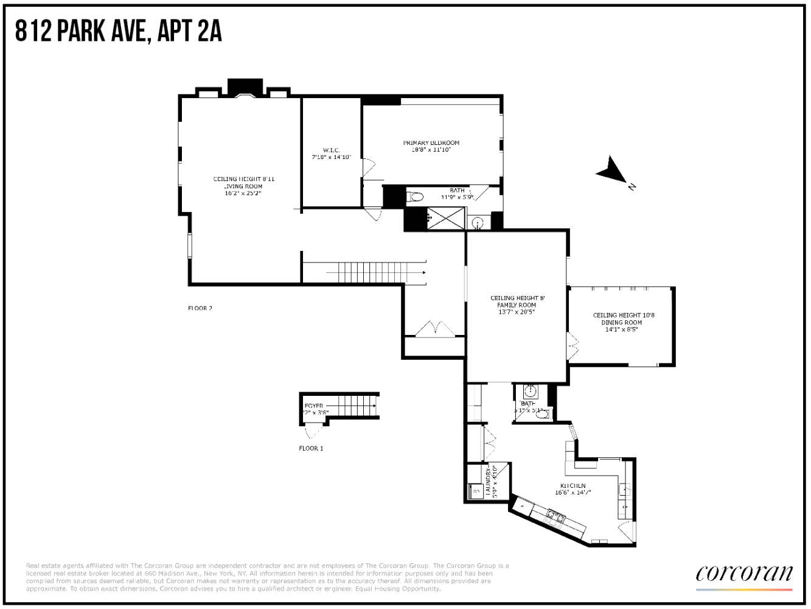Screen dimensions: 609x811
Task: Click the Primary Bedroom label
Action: tap(431, 143)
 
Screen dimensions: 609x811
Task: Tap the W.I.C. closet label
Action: tap(332, 150)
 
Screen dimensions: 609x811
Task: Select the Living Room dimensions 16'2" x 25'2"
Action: tap(243, 194)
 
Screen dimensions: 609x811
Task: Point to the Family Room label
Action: tap(517, 305)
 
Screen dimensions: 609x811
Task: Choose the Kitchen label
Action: tap(573, 486)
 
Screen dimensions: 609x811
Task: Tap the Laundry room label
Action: tap(489, 481)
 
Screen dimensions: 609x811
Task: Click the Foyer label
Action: tap(314, 406)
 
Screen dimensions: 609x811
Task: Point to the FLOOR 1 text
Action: tap(311, 448)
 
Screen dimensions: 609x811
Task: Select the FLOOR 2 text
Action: tap(200, 308)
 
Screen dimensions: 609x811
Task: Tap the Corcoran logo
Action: tap(744, 574)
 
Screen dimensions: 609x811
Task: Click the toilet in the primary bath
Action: tap(416, 197)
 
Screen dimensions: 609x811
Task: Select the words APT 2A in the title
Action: tap(189, 30)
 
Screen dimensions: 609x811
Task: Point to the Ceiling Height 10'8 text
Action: tap(624, 315)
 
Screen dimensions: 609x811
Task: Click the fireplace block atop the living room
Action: tap(245, 87)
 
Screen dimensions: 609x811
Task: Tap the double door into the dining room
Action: tap(573, 346)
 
